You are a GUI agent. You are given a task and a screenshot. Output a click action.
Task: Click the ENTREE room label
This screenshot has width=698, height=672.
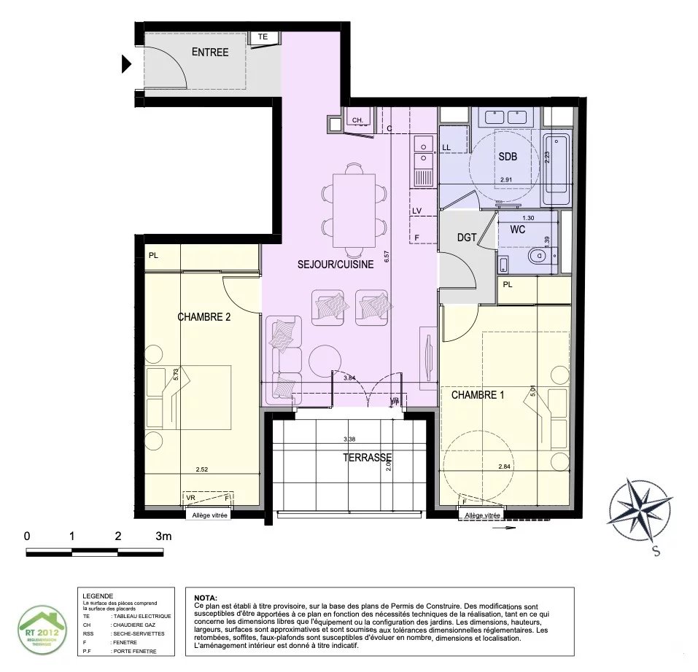pyautogui.click(x=209, y=52)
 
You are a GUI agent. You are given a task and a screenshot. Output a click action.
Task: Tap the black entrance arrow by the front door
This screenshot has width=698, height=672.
pyautogui.click(x=126, y=65)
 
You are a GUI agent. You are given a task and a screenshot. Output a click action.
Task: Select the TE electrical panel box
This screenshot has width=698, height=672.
pyautogui.click(x=263, y=37)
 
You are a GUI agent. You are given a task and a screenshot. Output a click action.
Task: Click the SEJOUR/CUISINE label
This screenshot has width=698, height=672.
pyautogui.click(x=335, y=265)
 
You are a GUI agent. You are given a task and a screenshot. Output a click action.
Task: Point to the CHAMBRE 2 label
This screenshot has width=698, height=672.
pyautogui.click(x=204, y=317)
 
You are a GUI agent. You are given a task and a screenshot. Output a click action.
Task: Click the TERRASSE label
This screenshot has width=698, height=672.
pyautogui.click(x=368, y=458)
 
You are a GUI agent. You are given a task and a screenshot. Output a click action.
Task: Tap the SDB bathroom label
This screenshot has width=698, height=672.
pyautogui.click(x=508, y=157)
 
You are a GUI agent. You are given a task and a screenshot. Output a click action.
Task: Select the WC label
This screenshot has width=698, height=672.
pyautogui.click(x=518, y=230)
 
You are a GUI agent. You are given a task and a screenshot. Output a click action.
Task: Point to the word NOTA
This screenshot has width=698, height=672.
pyautogui.click(x=206, y=597)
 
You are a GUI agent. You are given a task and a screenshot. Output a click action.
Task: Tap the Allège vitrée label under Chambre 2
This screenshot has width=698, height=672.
pyautogui.click(x=209, y=515)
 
